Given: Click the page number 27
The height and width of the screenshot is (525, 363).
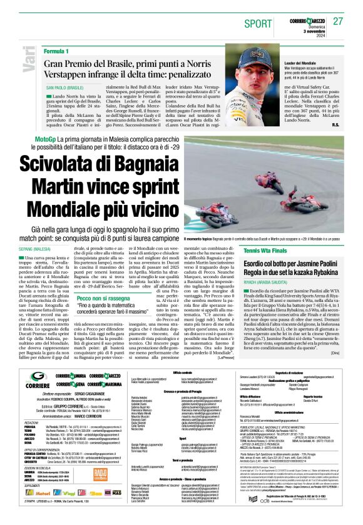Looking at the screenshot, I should point(338,21).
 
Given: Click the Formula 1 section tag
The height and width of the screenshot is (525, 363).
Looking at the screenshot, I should point(56,50).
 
